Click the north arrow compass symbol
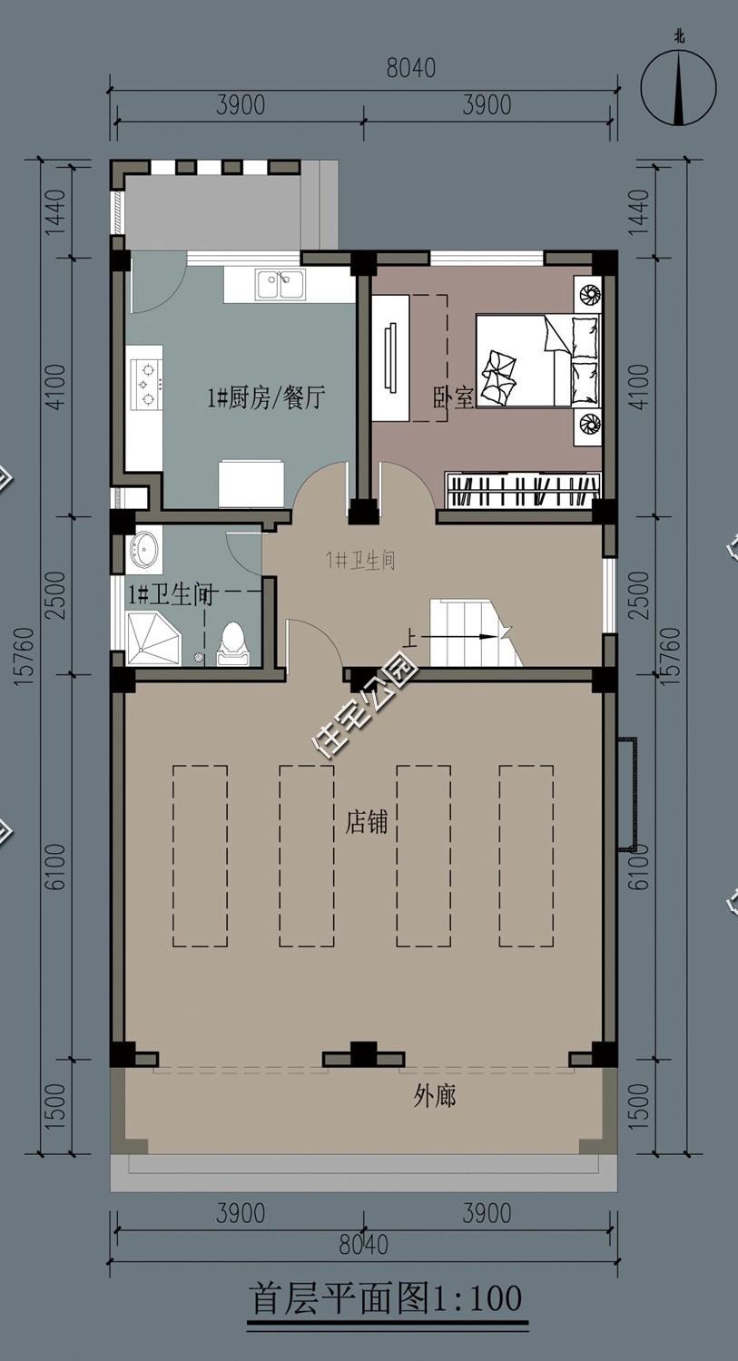(x=679, y=87)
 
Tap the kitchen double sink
(x=280, y=284)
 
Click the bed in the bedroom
(x=538, y=359)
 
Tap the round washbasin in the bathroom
(x=144, y=549)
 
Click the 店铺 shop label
(x=367, y=823)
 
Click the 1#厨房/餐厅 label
(x=266, y=398)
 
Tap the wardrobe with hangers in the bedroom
(x=524, y=489)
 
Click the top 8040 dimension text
(x=411, y=68)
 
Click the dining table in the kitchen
(x=252, y=484)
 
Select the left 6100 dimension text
(x=56, y=867)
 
